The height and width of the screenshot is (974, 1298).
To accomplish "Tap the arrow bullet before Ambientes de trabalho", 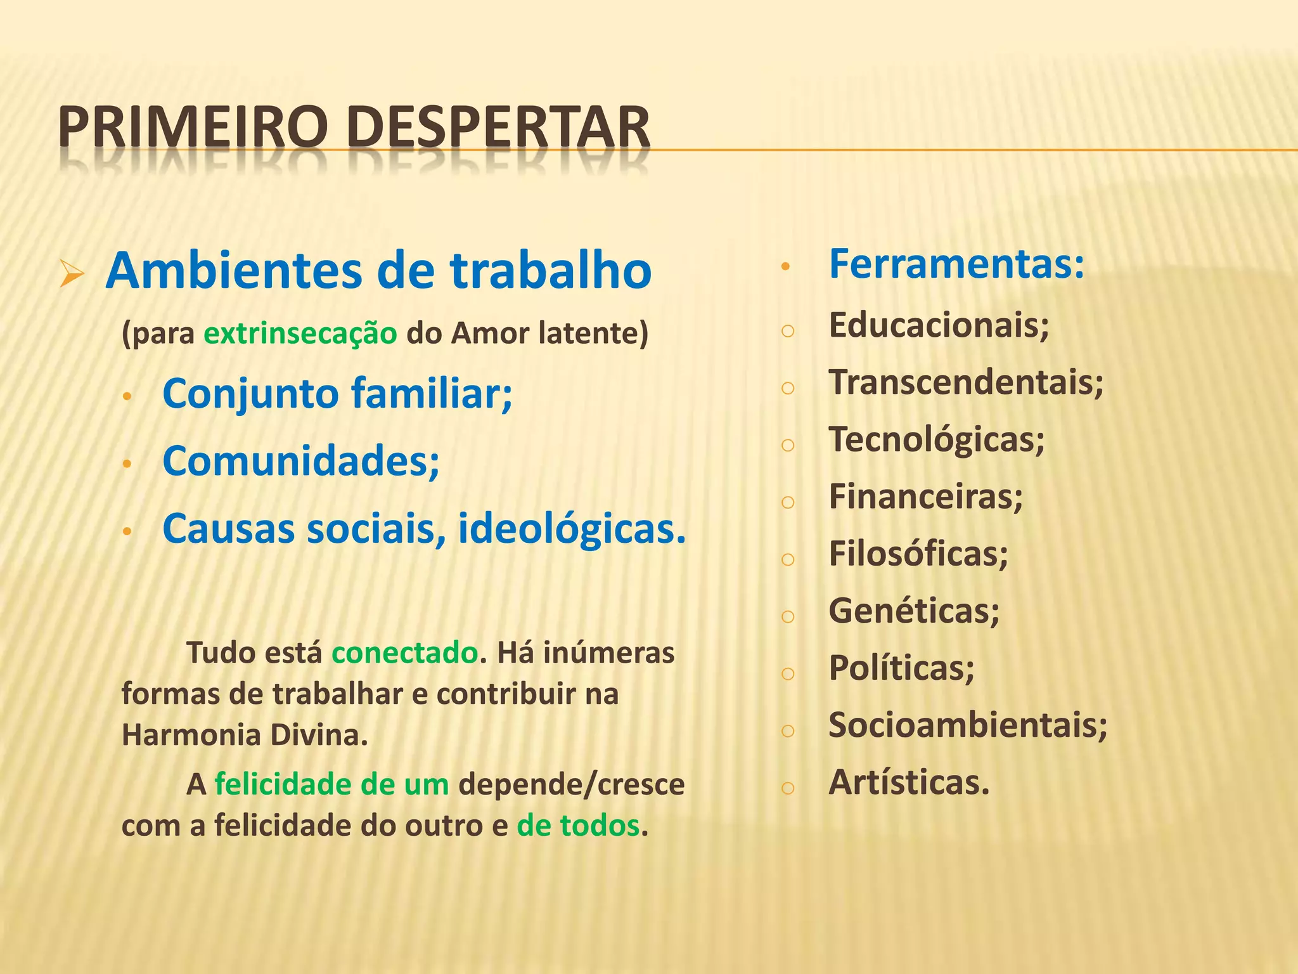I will (72, 275).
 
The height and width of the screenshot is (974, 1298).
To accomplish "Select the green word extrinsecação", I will (300, 334).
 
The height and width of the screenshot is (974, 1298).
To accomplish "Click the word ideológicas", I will (572, 529).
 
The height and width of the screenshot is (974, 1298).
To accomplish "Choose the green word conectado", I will (404, 653).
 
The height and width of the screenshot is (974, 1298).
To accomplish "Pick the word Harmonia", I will (190, 736).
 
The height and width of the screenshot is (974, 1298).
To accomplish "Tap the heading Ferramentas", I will (956, 264).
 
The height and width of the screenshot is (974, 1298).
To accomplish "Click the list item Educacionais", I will (939, 326).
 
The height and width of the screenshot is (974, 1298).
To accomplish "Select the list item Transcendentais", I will (966, 383).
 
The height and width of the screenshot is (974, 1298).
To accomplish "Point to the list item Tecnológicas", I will (937, 440).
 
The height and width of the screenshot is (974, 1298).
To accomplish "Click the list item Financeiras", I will (925, 497).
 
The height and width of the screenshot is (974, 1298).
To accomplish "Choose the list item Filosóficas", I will (918, 554).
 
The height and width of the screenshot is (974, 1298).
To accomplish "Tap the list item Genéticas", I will (914, 611).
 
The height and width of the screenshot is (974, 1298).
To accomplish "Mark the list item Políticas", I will (901, 668).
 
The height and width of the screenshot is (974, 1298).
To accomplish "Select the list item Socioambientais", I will (968, 725).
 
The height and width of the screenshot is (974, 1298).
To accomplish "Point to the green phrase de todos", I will (578, 826).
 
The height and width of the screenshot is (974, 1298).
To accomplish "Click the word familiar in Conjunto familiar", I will (431, 394).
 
